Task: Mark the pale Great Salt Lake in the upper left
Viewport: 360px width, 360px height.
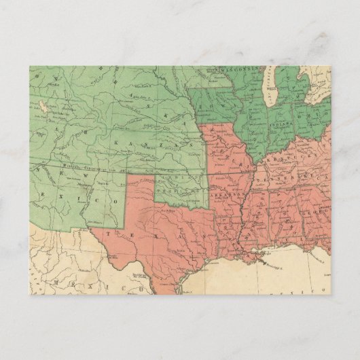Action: (41, 106)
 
